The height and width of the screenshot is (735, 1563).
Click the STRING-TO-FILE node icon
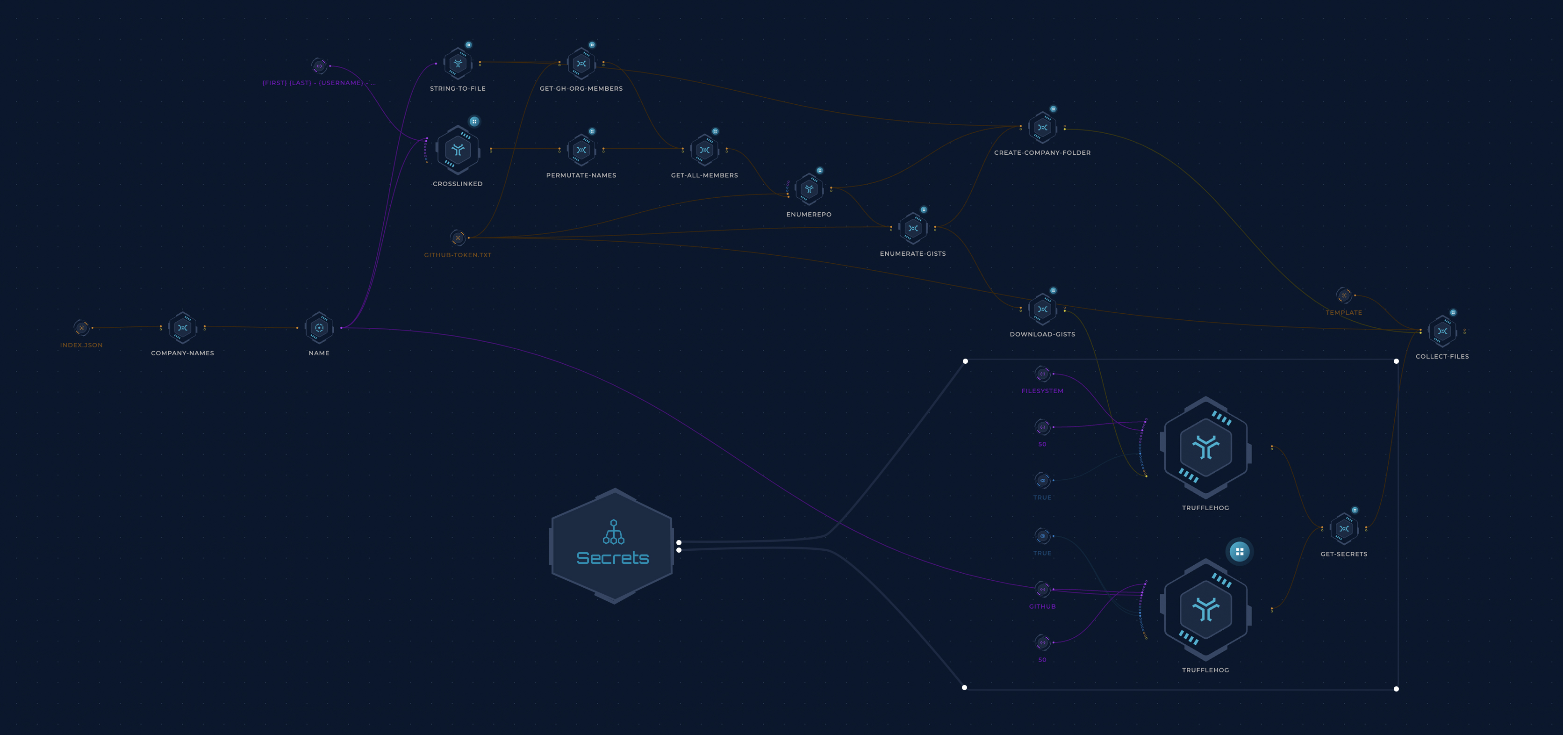coord(458,64)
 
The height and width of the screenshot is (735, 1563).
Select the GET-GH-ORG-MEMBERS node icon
coord(581,64)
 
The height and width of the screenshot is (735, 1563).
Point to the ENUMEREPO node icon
coord(809,189)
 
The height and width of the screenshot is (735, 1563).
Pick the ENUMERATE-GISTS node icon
coord(912,228)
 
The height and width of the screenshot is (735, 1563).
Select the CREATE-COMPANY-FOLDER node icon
coord(1042,128)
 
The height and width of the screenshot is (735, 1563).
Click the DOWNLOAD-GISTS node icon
coord(1042,310)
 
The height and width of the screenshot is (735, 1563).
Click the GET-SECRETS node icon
coord(1344,529)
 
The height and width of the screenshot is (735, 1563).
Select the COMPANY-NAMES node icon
coord(183,328)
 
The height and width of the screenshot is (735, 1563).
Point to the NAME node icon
coord(319,328)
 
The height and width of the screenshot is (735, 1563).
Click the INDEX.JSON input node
coord(81,328)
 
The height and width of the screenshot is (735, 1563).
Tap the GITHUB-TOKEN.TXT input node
coord(458,238)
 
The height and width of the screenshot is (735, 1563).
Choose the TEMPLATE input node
coord(1344,295)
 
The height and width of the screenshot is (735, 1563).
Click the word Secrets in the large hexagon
coord(612,558)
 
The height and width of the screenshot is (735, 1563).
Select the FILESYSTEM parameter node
coord(1042,374)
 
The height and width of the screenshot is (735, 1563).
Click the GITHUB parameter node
coord(1042,589)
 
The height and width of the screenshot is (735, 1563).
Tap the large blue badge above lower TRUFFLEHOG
coord(1240,552)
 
